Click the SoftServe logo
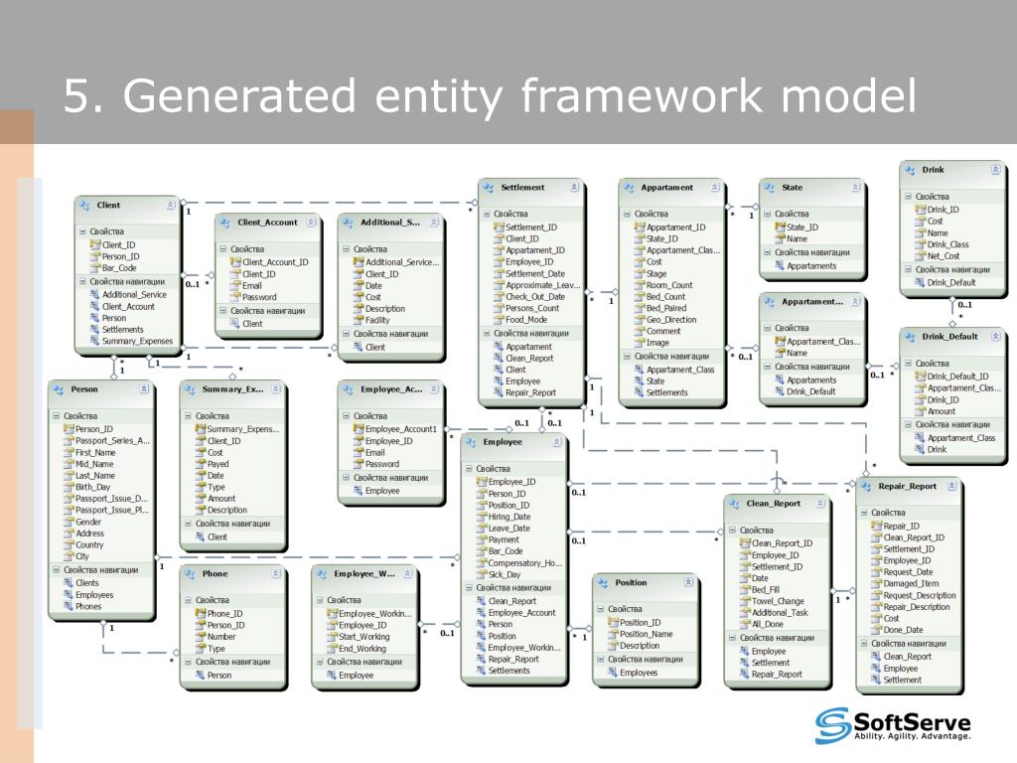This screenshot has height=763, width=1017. [893, 725]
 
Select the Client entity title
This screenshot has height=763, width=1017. [108, 206]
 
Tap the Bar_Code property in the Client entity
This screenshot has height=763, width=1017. [119, 268]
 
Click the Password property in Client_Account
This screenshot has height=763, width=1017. [259, 297]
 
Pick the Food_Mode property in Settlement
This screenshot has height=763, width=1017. [526, 320]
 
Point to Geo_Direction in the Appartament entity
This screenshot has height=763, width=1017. [671, 320]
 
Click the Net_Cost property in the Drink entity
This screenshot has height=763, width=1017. [943, 256]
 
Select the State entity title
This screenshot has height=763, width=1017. [793, 187]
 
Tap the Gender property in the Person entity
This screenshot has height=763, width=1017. [88, 522]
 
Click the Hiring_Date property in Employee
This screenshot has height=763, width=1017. [508, 517]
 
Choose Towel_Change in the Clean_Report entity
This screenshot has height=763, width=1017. [778, 601]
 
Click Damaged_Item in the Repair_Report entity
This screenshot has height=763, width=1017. [911, 584]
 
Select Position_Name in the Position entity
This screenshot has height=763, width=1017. [646, 634]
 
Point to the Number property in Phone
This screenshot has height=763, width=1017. [221, 637]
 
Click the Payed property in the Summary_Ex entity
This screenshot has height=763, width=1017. [217, 464]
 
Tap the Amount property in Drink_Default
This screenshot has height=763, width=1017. [942, 411]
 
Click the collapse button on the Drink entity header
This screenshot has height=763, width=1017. [995, 170]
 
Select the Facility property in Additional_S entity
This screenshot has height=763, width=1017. [377, 321]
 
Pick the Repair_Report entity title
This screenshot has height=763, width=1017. [907, 487]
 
